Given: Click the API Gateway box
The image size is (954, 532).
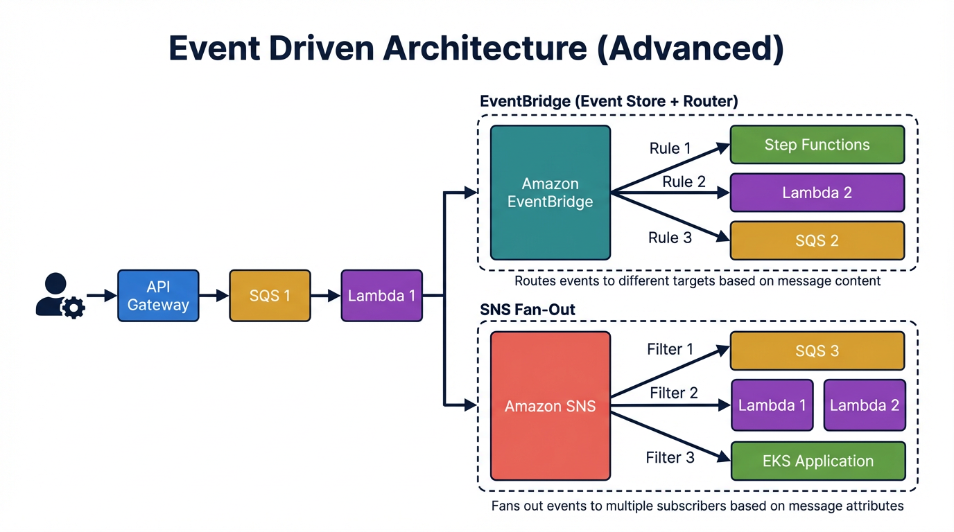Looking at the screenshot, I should coord(158,296).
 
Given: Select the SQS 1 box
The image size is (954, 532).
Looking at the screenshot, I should coord(270,296).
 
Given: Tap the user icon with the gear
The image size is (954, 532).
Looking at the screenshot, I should coord(58,296).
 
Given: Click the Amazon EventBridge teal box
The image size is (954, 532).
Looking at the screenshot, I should coord(550,193).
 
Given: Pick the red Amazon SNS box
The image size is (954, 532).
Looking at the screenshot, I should coord(550,406).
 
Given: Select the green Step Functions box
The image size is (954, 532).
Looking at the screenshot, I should coord(817,145).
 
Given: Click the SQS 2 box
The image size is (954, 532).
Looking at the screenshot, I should coord(817,240).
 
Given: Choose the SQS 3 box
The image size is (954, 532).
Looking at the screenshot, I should coord(817,351).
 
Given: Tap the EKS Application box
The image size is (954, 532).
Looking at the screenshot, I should coord(818,461).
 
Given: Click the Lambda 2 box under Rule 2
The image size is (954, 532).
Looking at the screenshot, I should coord(817,193).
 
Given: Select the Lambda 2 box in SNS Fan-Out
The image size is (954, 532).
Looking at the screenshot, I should coord(865,405).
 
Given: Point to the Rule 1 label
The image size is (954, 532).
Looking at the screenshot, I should coord(670,148).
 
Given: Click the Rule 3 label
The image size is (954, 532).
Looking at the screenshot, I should coord(670,238).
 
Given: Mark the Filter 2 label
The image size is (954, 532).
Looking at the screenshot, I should coord(673,393).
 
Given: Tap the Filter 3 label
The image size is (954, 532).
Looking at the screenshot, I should coord(670,458).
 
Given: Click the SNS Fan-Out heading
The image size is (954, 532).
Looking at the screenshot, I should coord(528,310).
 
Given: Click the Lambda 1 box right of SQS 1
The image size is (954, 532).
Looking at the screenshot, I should coord(381,296).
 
